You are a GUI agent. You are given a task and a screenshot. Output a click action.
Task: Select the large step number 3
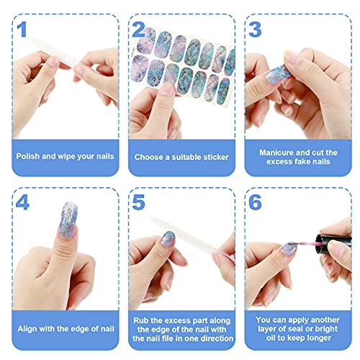(255, 30)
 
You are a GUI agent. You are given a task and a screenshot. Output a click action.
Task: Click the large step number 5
(139, 202)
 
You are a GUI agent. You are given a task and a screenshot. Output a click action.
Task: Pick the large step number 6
(255, 202)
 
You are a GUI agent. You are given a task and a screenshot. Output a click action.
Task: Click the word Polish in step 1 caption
(30, 155)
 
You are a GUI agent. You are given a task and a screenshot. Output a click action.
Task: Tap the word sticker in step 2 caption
(211, 155)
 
